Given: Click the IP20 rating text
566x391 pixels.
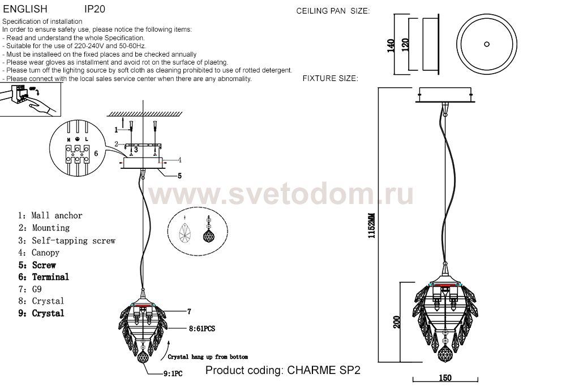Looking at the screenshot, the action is click(x=95, y=8).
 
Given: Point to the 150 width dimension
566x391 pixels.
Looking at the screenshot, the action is click(x=445, y=377).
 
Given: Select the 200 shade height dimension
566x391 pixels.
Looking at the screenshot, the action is click(x=397, y=322).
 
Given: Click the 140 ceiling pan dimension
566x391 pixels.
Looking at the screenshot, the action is click(x=391, y=45).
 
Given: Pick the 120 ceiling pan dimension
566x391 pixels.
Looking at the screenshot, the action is click(x=405, y=44).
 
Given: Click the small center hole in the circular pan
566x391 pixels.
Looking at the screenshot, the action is click(x=487, y=44).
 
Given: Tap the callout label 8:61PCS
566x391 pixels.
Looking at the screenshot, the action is click(x=202, y=329).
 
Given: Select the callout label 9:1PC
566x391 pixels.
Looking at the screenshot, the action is click(x=173, y=373).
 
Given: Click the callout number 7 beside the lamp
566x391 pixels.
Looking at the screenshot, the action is click(x=189, y=311).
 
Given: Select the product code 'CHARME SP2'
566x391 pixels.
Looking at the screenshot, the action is click(x=324, y=370).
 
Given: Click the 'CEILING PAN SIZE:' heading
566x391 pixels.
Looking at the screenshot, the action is click(x=333, y=11).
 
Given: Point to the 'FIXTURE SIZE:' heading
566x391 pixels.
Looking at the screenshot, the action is click(x=331, y=78).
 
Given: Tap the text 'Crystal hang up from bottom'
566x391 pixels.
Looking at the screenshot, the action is click(x=208, y=357).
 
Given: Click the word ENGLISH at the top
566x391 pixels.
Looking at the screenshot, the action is click(x=25, y=8).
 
